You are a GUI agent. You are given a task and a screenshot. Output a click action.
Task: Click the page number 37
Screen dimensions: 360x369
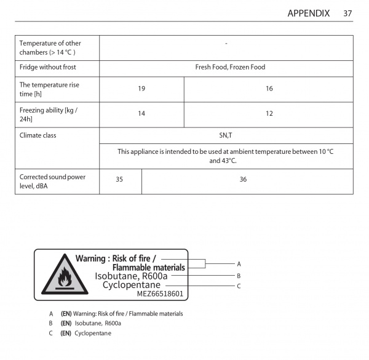coord(347,13)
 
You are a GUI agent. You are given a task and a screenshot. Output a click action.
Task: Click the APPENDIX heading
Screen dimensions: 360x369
coord(308,13)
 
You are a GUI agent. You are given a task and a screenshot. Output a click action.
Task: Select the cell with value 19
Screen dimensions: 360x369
coord(141,89)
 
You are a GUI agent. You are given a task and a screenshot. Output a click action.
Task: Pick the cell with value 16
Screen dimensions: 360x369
coord(269,89)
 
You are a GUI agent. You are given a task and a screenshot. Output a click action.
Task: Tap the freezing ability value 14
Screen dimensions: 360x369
coord(141,114)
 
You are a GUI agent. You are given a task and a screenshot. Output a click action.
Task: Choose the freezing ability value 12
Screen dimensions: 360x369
coord(269,114)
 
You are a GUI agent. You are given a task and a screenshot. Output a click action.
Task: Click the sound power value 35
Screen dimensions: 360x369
coord(119,180)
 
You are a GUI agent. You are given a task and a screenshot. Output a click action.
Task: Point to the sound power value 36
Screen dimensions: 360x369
coord(243,180)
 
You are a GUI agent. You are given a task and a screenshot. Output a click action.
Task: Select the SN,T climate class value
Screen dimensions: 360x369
coord(226,135)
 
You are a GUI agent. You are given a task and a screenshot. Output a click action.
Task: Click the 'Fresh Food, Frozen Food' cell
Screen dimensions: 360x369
coord(226,67)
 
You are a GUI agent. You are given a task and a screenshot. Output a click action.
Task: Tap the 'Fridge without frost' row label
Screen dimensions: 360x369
coord(48,67)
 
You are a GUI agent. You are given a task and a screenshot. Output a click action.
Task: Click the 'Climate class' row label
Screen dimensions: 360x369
coord(38,135)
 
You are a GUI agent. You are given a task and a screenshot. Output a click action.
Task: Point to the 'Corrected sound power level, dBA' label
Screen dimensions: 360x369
coord(52,181)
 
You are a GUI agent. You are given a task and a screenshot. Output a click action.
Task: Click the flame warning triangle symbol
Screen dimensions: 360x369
coord(62,276)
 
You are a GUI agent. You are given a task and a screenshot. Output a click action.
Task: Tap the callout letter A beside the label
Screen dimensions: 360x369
coord(239,263)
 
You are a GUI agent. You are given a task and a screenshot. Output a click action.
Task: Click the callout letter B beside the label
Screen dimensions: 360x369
coord(239,276)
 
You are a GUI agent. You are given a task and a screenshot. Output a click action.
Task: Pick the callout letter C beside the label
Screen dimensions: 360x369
coord(239,286)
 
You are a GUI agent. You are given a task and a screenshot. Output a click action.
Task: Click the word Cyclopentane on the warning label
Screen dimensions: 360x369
coord(132,285)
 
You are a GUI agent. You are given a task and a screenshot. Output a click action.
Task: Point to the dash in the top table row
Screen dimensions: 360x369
coord(226,43)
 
